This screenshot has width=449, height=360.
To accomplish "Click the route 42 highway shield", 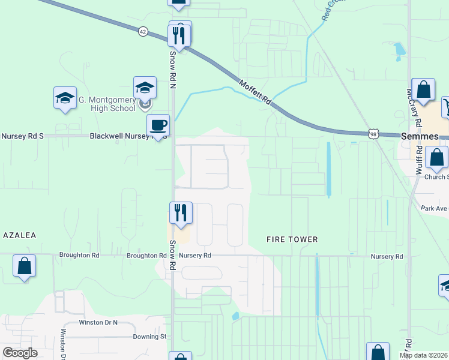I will [142, 32].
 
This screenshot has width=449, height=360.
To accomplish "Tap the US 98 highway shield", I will [373, 135].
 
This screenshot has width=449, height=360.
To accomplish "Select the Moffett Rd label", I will [255, 92].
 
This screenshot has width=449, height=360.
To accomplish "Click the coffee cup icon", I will [158, 125].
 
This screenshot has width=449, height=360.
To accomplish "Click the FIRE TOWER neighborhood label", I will [292, 239].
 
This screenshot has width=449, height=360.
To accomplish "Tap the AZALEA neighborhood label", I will [19, 235].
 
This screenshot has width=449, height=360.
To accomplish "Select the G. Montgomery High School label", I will [106, 104].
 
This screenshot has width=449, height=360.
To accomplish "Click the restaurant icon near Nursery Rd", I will [180, 212].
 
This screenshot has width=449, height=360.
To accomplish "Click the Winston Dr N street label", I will [99, 322].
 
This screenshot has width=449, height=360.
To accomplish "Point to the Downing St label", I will [149, 337].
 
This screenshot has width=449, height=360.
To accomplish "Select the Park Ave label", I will [434, 208].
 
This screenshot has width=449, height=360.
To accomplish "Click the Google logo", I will [20, 353].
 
